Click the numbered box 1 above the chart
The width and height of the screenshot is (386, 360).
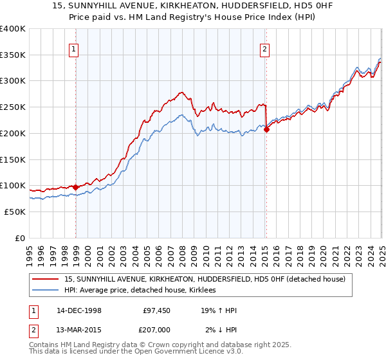click(74, 48)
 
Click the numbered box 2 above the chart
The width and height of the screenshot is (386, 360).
click(264, 48)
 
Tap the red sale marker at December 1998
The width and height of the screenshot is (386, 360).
click(76, 187)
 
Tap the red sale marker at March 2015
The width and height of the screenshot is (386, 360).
click(266, 130)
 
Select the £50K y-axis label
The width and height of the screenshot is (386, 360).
click(15, 212)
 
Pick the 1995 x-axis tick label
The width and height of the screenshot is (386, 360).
click(30, 253)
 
